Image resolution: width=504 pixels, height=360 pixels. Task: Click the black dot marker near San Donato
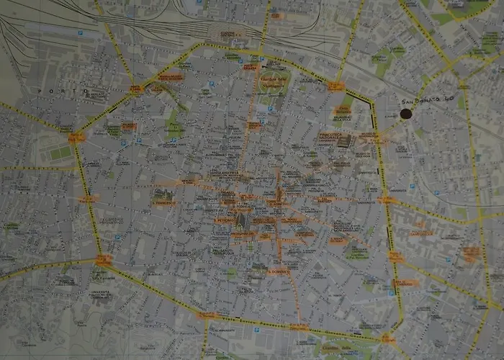(406, 114)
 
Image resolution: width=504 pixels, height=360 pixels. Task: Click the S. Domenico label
(279, 271)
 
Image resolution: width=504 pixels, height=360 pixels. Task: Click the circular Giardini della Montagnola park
(274, 83)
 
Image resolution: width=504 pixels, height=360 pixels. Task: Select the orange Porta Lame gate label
(135, 89)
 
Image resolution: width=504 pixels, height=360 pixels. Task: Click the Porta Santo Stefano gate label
(387, 338)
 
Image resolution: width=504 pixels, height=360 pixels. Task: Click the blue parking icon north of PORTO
(80, 34)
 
